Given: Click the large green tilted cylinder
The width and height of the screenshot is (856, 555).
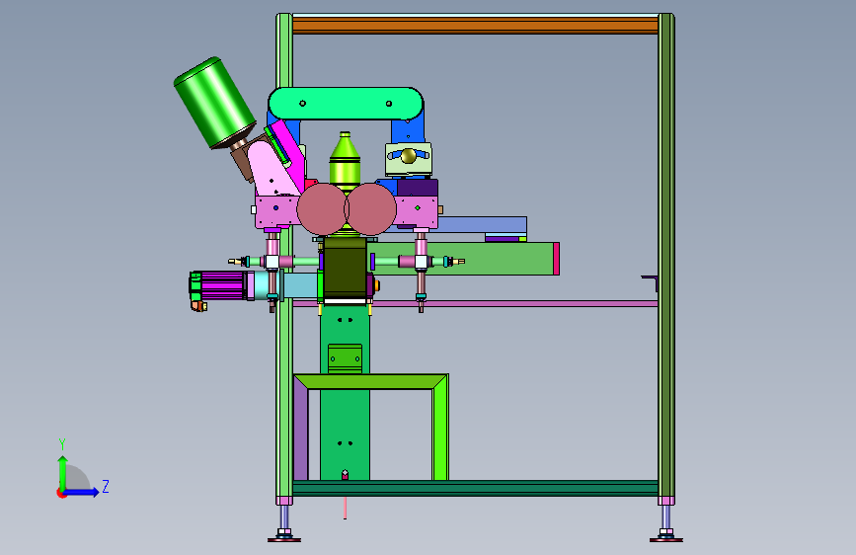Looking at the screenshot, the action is click(x=214, y=103).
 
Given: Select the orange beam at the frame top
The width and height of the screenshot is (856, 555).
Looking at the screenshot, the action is click(x=475, y=26).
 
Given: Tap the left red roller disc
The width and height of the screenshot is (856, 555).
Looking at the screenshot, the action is click(x=322, y=209).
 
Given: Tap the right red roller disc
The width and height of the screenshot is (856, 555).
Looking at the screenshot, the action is click(x=370, y=209).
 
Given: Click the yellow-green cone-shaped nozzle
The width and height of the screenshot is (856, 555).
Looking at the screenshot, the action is click(x=345, y=161).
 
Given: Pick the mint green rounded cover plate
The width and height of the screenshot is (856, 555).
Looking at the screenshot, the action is click(x=346, y=104).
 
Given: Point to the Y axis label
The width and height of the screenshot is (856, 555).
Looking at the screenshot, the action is click(x=62, y=444).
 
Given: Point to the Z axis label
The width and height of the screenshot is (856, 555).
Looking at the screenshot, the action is click(x=106, y=486).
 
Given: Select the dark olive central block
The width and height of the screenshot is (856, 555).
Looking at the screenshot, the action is click(x=345, y=268).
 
